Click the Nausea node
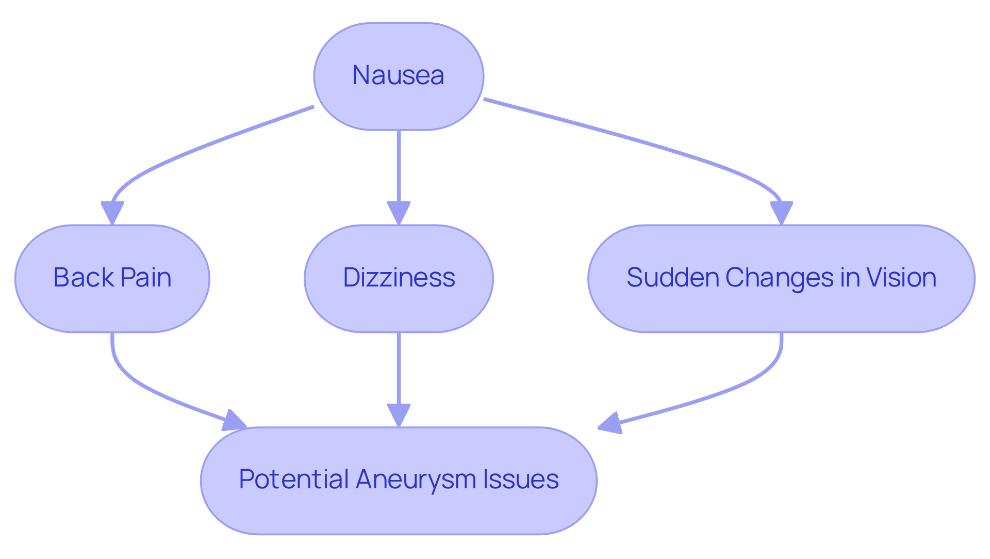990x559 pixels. click(x=398, y=76)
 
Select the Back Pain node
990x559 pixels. click(x=112, y=278)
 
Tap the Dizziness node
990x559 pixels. click(x=399, y=278)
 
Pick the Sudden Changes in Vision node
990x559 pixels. click(x=781, y=278)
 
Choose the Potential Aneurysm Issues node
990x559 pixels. click(x=399, y=480)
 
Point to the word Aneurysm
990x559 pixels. click(x=416, y=480)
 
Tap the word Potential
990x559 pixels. click(x=292, y=480)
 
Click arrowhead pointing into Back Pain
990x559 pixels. click(x=112, y=213)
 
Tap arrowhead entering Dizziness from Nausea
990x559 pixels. click(x=399, y=213)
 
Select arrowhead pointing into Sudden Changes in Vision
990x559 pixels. click(x=781, y=213)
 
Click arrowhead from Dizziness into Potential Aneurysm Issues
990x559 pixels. click(x=399, y=415)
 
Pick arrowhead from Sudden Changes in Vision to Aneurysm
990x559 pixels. click(x=610, y=424)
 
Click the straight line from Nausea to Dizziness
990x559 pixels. click(x=399, y=165)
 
